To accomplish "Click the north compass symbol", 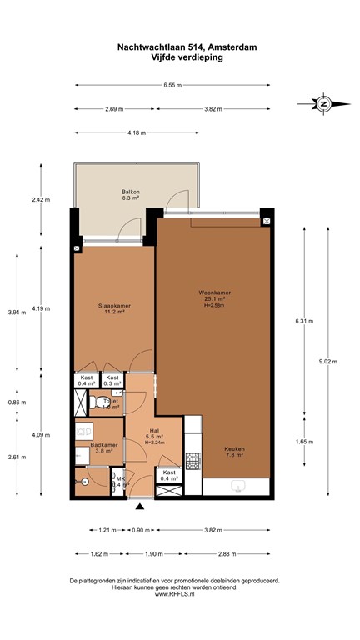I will pyautogui.click(x=322, y=103).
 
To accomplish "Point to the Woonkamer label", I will pyautogui.click(x=214, y=293).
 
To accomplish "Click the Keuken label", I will pyautogui.click(x=234, y=450).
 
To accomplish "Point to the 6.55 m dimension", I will pyautogui.click(x=172, y=85).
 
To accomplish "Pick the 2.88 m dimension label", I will pyautogui.click(x=227, y=553).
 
